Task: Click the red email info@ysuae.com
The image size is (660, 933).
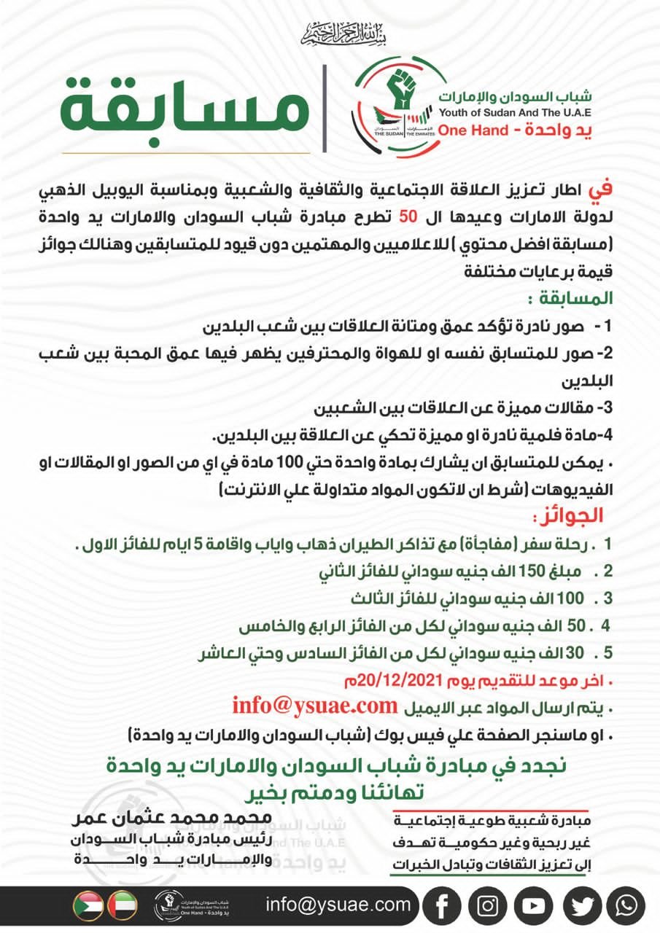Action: (314, 706)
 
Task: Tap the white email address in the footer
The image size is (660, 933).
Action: (338, 905)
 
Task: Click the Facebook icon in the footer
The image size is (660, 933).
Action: (441, 906)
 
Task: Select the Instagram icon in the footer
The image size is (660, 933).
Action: (488, 906)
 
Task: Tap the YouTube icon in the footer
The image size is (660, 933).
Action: (534, 906)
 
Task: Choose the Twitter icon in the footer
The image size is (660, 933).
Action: (581, 906)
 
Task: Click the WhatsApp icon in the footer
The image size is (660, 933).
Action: (626, 906)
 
